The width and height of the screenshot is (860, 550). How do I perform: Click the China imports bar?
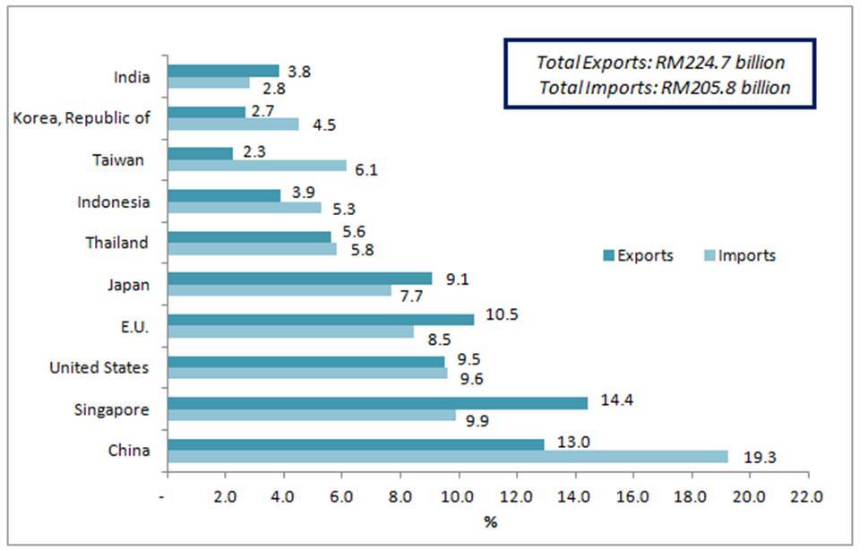[448, 456]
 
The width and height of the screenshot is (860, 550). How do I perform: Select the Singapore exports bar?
[377, 403]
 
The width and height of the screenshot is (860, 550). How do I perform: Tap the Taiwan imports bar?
[256, 166]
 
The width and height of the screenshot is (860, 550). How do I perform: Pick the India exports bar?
[223, 71]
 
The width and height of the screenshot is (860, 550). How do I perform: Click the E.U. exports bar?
[321, 320]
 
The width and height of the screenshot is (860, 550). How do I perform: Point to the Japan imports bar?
[279, 290]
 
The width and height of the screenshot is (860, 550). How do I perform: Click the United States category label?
[99, 367]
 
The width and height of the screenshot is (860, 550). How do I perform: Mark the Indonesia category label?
[113, 202]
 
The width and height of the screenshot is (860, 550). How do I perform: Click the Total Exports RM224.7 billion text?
[660, 63]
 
